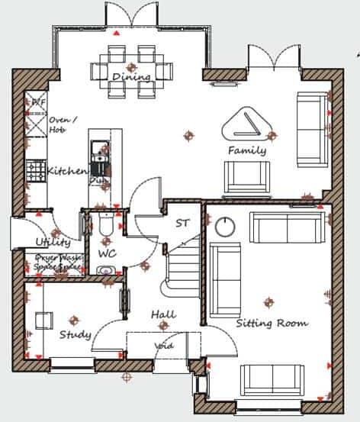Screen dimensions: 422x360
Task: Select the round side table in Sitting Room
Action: point(225,226)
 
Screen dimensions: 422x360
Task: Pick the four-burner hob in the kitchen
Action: point(35,171)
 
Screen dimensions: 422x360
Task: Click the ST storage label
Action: point(182,224)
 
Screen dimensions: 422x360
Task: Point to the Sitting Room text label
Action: point(272,324)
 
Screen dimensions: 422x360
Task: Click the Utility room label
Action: point(53,242)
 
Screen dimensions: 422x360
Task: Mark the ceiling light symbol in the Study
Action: point(74,319)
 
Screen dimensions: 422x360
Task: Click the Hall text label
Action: point(162,314)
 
